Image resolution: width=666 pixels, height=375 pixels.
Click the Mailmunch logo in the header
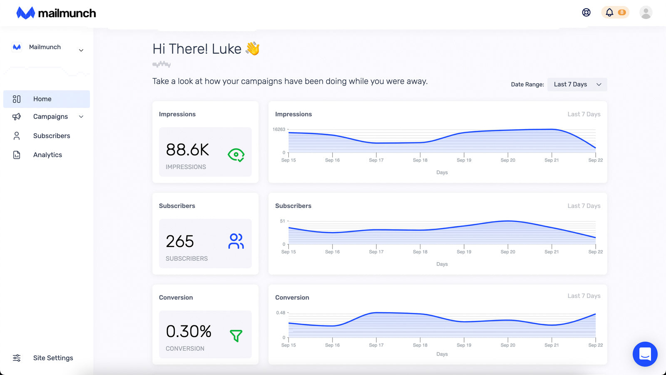56,13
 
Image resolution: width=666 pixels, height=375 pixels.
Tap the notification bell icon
609,12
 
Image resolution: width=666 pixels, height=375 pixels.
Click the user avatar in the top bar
646,12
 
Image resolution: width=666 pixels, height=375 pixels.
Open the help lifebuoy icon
586,12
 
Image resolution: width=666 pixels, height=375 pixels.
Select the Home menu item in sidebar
42,99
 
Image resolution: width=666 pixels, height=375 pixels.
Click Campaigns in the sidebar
50,117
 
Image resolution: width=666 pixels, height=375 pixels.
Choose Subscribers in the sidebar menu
52,136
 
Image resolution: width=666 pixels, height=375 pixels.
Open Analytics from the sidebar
47,155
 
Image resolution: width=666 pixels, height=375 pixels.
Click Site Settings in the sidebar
53,358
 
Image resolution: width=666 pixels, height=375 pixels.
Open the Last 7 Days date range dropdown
577,85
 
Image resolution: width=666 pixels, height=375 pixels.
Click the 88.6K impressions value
187,150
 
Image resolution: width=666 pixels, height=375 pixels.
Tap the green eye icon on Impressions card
236,155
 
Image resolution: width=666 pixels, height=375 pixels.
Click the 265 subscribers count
180,242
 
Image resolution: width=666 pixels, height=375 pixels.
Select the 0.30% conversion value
189,332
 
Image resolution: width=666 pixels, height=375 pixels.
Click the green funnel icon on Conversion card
236,335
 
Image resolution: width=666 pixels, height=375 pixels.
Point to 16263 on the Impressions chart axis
279,130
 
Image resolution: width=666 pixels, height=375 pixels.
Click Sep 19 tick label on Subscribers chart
464,252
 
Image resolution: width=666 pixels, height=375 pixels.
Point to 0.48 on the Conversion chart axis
281,313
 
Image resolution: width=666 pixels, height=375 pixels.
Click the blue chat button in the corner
645,354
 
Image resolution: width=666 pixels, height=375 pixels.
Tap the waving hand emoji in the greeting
253,49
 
